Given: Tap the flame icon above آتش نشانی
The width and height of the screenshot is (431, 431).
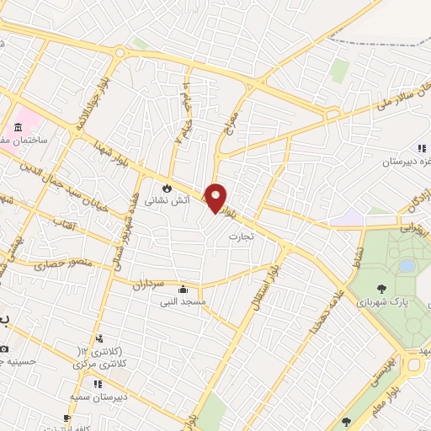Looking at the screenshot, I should click(x=168, y=186).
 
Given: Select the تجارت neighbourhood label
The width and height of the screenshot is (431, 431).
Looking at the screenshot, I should click(x=242, y=237).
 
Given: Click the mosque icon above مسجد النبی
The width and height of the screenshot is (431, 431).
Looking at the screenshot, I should click(x=195, y=289).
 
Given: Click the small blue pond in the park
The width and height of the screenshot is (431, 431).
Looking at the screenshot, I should click(x=407, y=265).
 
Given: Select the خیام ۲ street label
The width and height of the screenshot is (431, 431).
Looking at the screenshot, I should click(x=183, y=125).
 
